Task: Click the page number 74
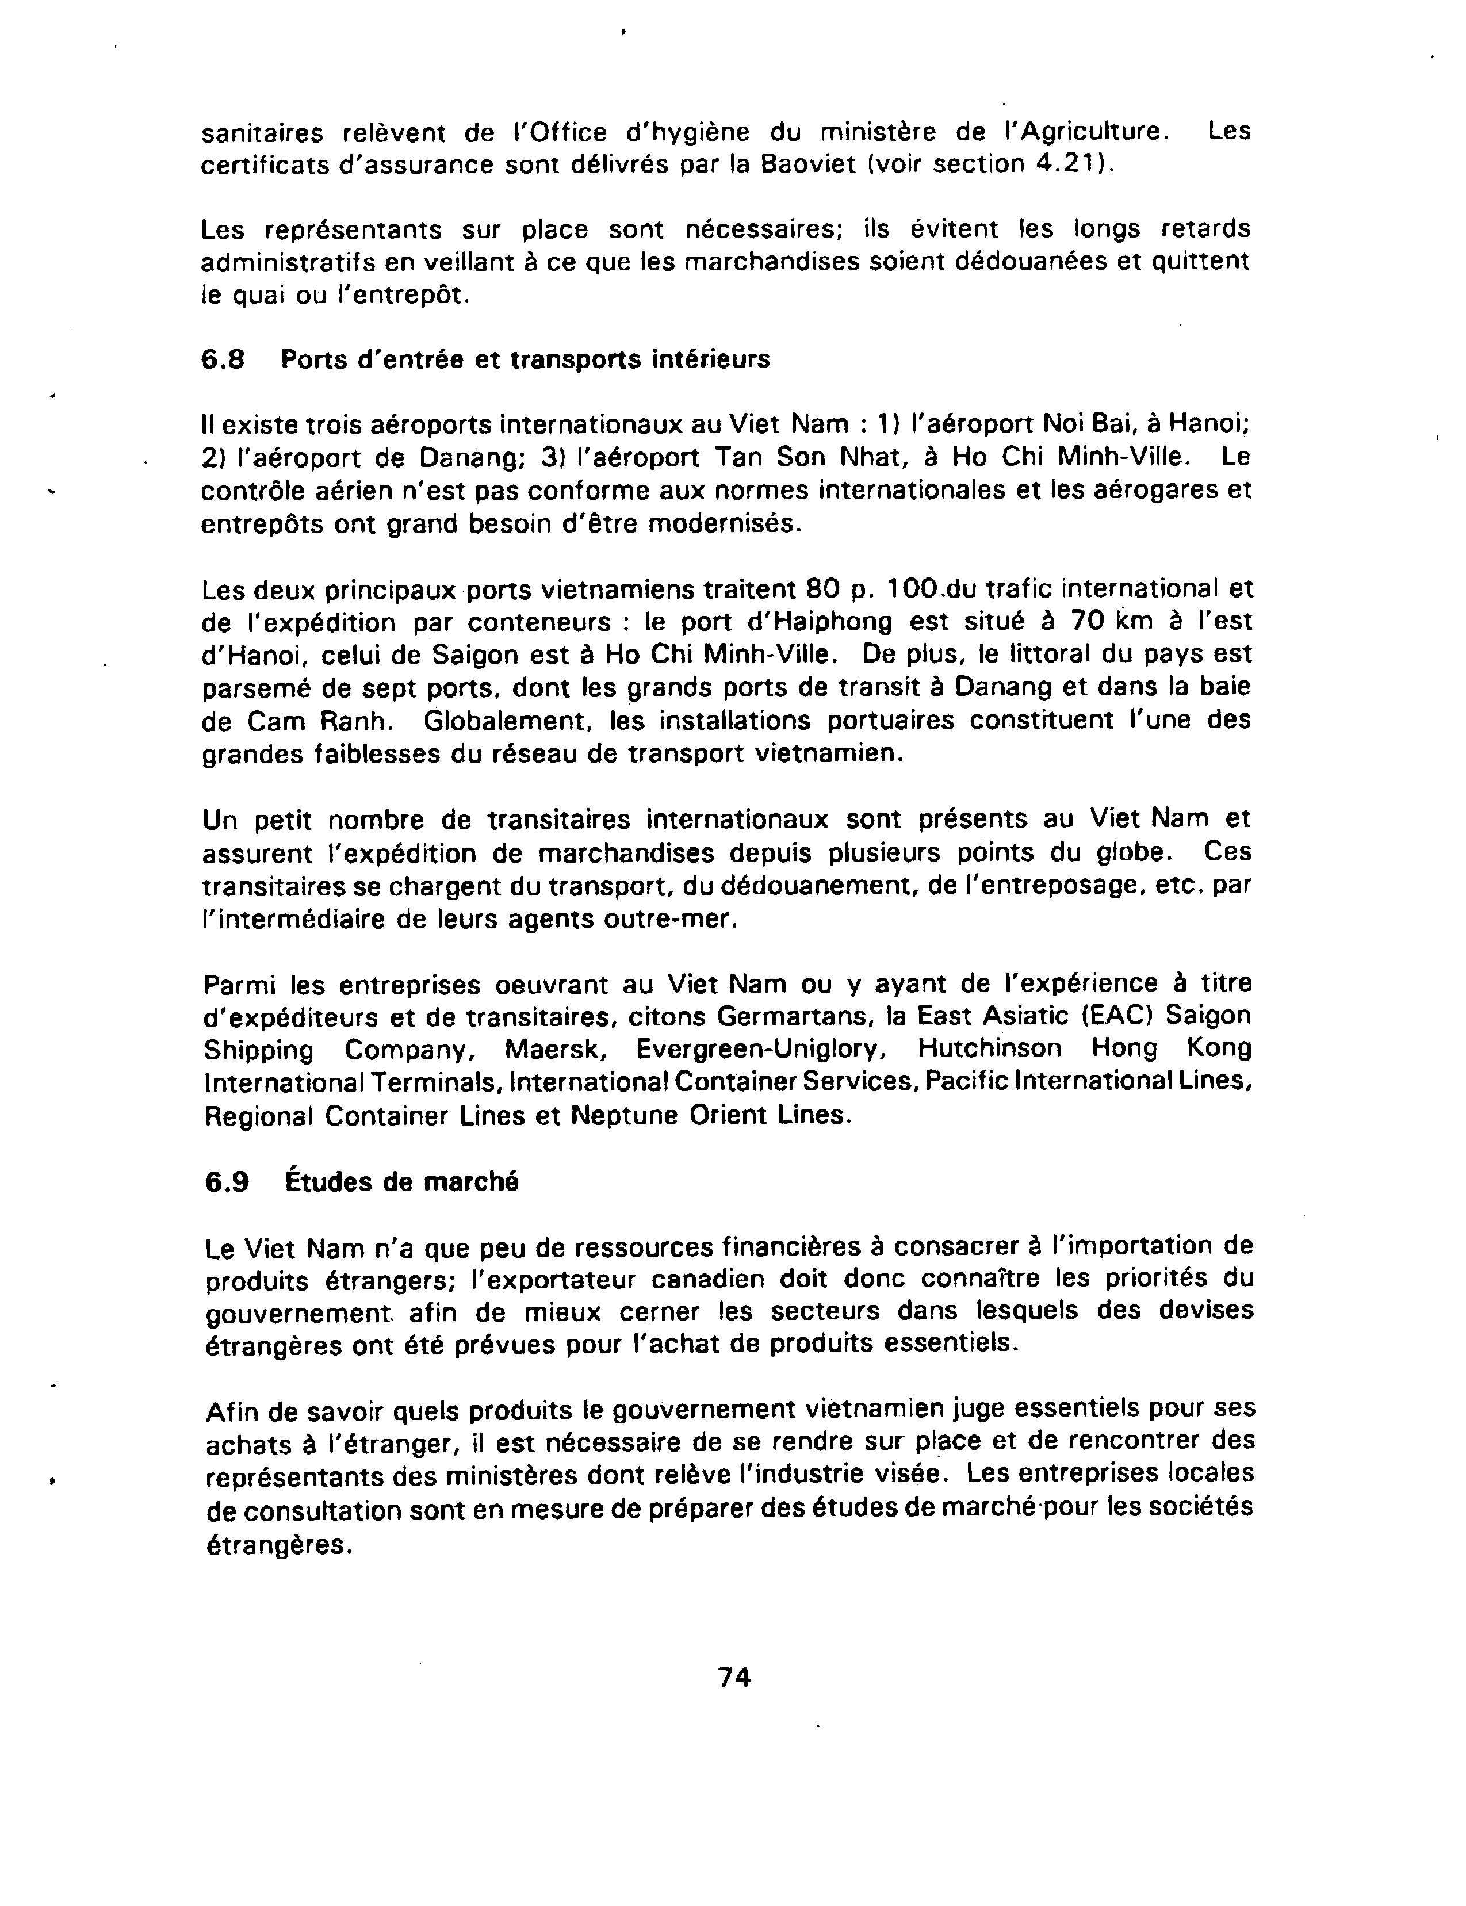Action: tap(735, 1677)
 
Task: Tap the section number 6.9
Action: tap(227, 1182)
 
